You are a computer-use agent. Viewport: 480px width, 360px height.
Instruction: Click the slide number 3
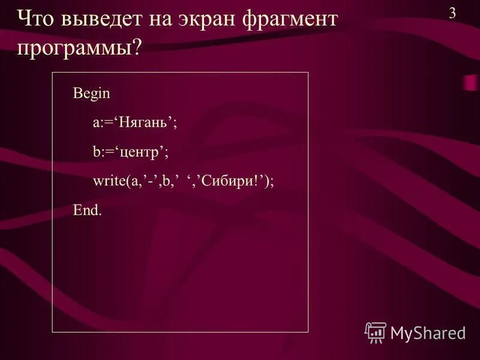(452, 13)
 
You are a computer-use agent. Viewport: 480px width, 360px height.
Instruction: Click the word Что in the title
(37, 20)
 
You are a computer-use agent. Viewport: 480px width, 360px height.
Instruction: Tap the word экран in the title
(207, 20)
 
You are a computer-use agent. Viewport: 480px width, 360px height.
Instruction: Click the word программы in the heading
(73, 48)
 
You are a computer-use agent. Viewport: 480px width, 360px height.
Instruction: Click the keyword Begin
(91, 94)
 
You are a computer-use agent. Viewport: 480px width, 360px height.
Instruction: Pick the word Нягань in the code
(144, 123)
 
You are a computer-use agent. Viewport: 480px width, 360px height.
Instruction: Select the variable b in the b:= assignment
(96, 152)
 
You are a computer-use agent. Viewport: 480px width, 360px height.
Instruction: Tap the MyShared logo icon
(376, 332)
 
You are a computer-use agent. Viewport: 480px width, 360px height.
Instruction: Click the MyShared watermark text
(428, 332)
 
